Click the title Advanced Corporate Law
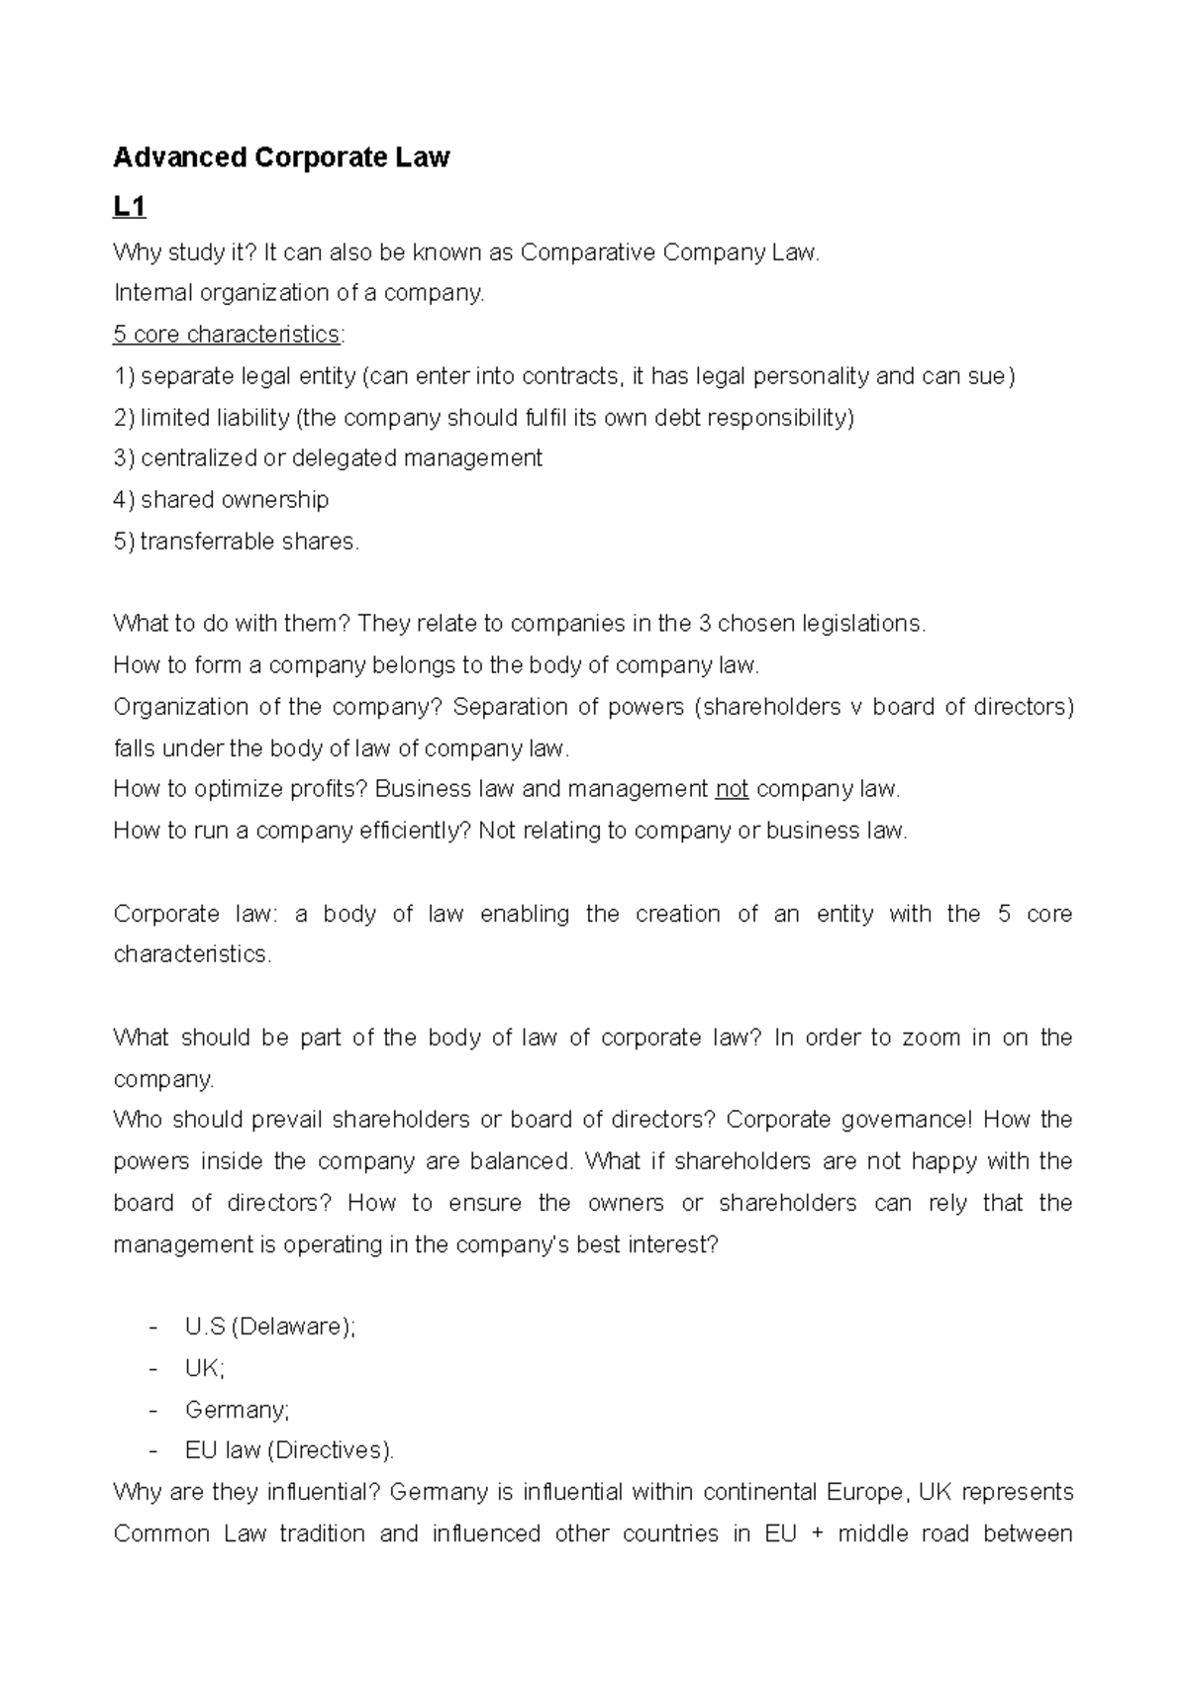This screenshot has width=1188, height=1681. pos(281,157)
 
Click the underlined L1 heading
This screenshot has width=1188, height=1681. pos(130,207)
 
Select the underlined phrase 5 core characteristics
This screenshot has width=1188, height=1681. pos(227,335)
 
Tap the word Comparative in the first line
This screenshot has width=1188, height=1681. pos(588,252)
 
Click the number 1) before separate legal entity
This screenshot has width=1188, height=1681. pos(124,376)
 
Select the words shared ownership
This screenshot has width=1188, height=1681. pos(235,500)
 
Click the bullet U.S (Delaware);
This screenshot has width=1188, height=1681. pos(269,1327)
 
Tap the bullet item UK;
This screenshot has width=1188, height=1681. pos(205,1368)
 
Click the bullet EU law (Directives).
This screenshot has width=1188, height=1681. pos(289,1451)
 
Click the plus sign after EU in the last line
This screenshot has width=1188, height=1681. pos(817,1534)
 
